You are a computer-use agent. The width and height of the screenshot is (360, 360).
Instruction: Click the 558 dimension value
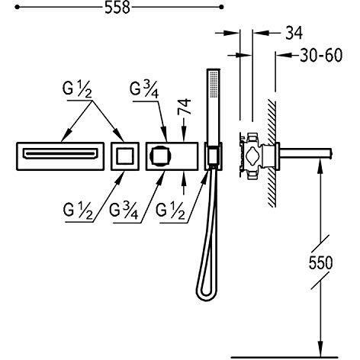[117, 8]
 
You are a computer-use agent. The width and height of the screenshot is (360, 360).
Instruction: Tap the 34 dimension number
[294, 33]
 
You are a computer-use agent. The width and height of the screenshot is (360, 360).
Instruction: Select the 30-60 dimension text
[321, 55]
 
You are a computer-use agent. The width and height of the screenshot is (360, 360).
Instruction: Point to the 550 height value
[320, 262]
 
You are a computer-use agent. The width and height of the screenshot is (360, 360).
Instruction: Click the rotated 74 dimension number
[185, 106]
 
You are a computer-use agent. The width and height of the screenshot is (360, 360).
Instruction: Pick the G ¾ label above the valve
[144, 90]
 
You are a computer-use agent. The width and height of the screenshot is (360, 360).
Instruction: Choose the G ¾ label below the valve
[124, 211]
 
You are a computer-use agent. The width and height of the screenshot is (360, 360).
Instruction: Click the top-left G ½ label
[77, 90]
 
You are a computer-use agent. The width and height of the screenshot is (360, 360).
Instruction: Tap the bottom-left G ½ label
[78, 211]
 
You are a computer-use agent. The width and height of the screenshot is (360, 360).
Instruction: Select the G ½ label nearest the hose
[170, 211]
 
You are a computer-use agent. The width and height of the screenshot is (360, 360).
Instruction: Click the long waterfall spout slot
[60, 154]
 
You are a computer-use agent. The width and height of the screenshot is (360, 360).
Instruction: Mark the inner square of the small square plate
[125, 156]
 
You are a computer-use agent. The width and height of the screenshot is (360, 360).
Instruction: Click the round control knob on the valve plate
[160, 156]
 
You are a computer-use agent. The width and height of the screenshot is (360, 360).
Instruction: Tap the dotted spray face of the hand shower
[214, 84]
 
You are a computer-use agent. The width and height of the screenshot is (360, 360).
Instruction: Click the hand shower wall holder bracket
[214, 156]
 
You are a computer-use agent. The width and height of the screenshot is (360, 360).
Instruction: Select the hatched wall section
[272, 153]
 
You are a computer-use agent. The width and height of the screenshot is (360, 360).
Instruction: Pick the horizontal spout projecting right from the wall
[306, 153]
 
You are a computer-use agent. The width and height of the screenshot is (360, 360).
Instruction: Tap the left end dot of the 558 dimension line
[17, 8]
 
